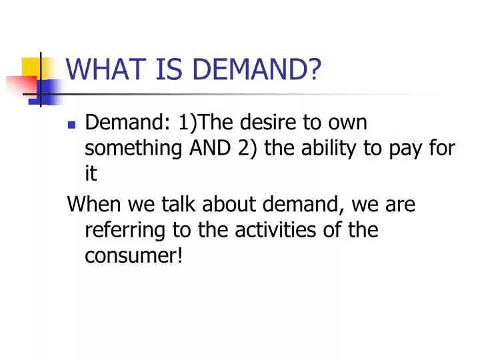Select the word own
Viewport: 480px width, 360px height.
click(353, 123)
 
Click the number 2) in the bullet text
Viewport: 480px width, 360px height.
click(249, 149)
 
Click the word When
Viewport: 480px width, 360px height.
click(91, 204)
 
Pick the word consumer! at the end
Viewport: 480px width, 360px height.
click(134, 255)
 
